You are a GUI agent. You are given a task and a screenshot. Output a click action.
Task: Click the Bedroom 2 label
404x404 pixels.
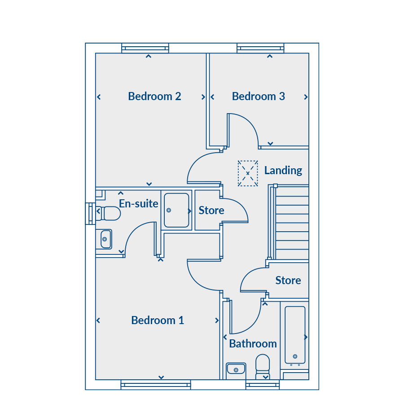click(x=154, y=97)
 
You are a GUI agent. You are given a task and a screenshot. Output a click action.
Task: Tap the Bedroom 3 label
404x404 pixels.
click(x=259, y=97)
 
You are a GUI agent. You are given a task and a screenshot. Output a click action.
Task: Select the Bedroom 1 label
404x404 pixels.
click(x=158, y=320)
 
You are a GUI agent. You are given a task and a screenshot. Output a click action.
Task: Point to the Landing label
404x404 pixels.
click(x=283, y=171)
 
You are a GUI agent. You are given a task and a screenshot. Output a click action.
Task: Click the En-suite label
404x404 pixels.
click(x=138, y=203)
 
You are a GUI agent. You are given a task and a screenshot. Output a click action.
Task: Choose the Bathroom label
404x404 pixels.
click(x=253, y=344)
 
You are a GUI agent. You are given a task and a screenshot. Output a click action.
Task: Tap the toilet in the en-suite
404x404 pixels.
click(x=108, y=213)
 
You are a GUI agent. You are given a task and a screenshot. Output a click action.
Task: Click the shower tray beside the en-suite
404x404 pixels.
click(x=176, y=210)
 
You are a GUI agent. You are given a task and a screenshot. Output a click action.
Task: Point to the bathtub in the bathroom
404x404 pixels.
click(x=295, y=335)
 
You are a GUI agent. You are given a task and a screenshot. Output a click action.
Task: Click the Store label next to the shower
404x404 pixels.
click(x=211, y=211)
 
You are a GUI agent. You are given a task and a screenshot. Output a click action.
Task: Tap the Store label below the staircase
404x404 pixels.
click(x=288, y=280)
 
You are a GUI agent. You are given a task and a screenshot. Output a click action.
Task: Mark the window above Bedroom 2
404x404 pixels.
click(x=145, y=48)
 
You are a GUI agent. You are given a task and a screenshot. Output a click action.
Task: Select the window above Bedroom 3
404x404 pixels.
click(x=260, y=48)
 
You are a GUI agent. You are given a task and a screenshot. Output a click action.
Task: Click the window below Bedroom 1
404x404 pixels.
click(x=156, y=385)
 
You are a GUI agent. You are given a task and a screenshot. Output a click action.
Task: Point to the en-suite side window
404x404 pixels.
click(x=90, y=214)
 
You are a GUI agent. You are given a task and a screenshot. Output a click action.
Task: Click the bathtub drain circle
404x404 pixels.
click(x=295, y=356)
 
